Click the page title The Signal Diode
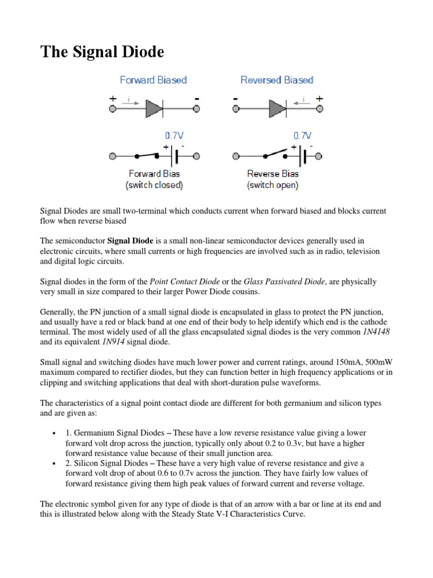(x=102, y=52)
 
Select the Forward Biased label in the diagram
(x=153, y=80)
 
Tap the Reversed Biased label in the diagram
(x=277, y=80)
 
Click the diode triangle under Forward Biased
(x=154, y=108)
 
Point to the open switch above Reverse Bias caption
(x=273, y=152)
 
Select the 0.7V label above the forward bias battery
(x=174, y=136)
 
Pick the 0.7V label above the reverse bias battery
(x=302, y=136)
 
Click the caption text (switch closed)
(x=154, y=185)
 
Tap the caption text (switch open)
(x=273, y=185)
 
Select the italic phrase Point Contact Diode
(x=185, y=282)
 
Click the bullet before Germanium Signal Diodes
(x=52, y=432)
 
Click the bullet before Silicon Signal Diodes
(x=52, y=463)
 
